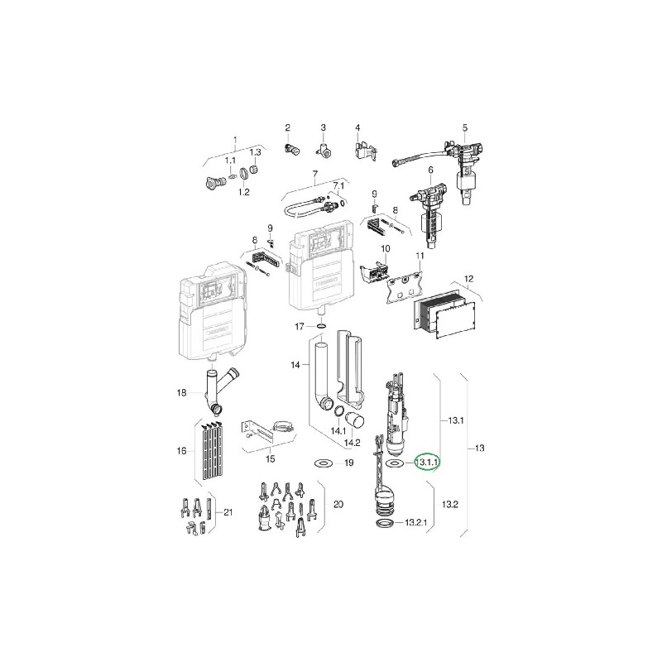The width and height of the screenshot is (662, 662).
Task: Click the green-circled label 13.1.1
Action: point(427,463)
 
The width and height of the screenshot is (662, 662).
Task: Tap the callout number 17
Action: point(300,326)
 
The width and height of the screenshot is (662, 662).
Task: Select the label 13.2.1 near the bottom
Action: point(416,523)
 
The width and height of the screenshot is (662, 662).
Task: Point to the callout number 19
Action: point(348,463)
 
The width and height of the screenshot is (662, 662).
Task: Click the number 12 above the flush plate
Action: point(468,279)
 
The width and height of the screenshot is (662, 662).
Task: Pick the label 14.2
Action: point(352,443)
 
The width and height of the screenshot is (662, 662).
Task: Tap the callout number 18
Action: point(181,393)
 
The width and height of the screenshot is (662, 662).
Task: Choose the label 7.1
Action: point(339,185)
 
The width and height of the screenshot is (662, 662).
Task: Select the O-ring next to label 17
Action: point(321,326)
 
